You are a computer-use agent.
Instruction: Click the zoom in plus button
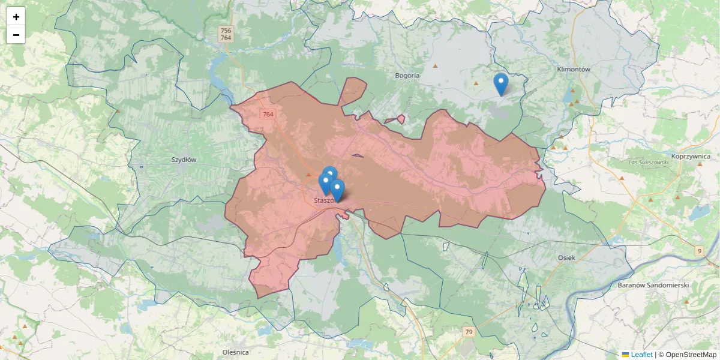(16, 17)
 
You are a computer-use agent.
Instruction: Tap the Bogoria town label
(407, 76)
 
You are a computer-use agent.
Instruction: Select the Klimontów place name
(574, 69)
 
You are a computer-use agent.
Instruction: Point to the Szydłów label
(184, 160)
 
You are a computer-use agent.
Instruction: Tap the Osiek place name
(566, 257)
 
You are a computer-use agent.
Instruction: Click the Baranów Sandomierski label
(653, 285)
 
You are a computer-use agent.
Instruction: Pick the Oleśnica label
(235, 352)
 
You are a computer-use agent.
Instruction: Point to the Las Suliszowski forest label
(648, 163)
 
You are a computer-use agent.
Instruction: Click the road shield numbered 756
(226, 30)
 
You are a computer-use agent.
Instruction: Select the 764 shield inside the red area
(268, 114)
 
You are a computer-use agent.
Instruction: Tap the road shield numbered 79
(469, 332)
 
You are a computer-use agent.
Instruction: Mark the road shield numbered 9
(700, 251)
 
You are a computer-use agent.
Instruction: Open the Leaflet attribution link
(641, 355)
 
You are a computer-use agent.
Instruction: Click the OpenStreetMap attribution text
(687, 355)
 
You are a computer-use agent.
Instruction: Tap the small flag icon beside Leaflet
(625, 355)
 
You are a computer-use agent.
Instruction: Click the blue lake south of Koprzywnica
(699, 212)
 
